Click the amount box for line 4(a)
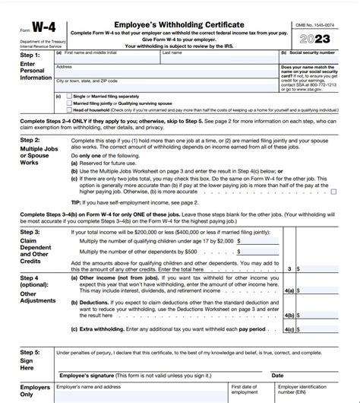[327, 290]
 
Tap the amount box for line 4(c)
[327, 330]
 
